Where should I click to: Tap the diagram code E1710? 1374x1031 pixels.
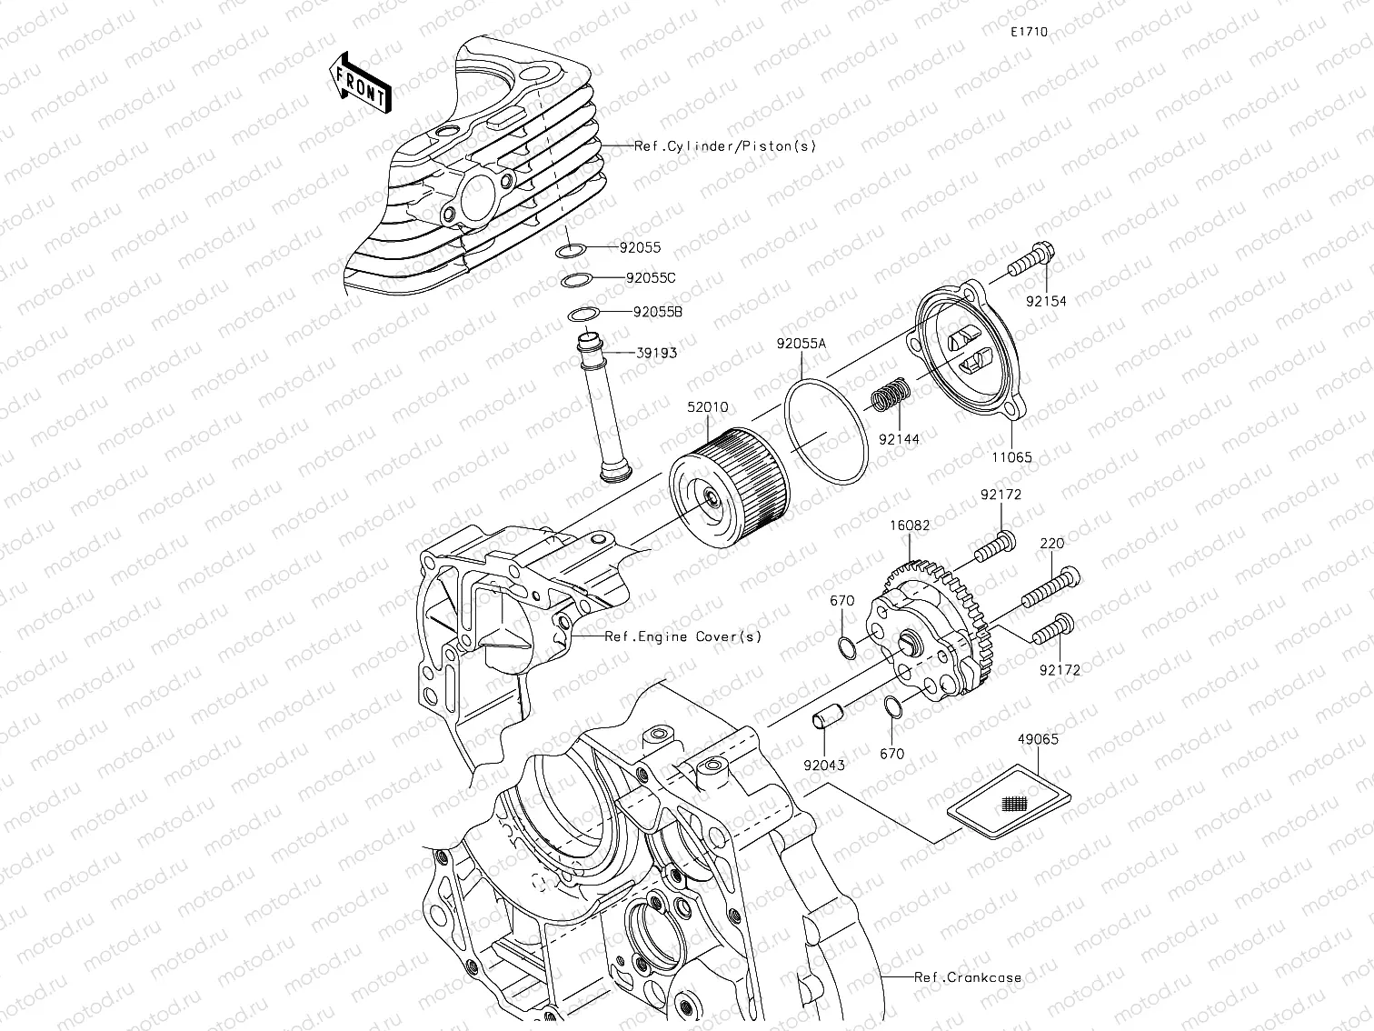[1030, 32]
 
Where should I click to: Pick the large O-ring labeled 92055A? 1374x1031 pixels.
[826, 429]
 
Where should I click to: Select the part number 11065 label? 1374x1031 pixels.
[1011, 457]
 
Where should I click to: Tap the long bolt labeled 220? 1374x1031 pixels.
[1050, 587]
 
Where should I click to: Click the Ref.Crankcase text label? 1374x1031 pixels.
[968, 978]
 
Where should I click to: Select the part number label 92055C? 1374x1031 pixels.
[650, 278]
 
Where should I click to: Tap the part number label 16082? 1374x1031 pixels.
[909, 526]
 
